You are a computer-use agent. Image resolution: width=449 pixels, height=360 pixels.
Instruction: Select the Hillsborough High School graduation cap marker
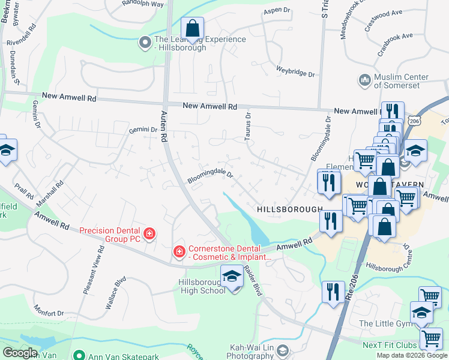(x=231, y=277)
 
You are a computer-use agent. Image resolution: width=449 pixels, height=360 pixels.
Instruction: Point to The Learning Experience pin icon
(x=145, y=42)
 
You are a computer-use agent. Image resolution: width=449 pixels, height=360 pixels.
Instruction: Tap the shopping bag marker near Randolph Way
(x=192, y=28)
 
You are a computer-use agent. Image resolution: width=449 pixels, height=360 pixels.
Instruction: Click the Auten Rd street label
(x=163, y=125)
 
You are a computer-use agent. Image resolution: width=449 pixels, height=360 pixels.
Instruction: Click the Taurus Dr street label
(x=247, y=127)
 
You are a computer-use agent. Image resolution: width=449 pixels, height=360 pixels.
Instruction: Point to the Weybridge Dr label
(x=295, y=71)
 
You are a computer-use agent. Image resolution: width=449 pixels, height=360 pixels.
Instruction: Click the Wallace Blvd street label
(x=116, y=292)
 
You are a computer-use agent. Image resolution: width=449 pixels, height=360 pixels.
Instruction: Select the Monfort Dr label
(x=48, y=313)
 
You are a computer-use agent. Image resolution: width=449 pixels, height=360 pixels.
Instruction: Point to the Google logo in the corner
(x=19, y=352)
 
